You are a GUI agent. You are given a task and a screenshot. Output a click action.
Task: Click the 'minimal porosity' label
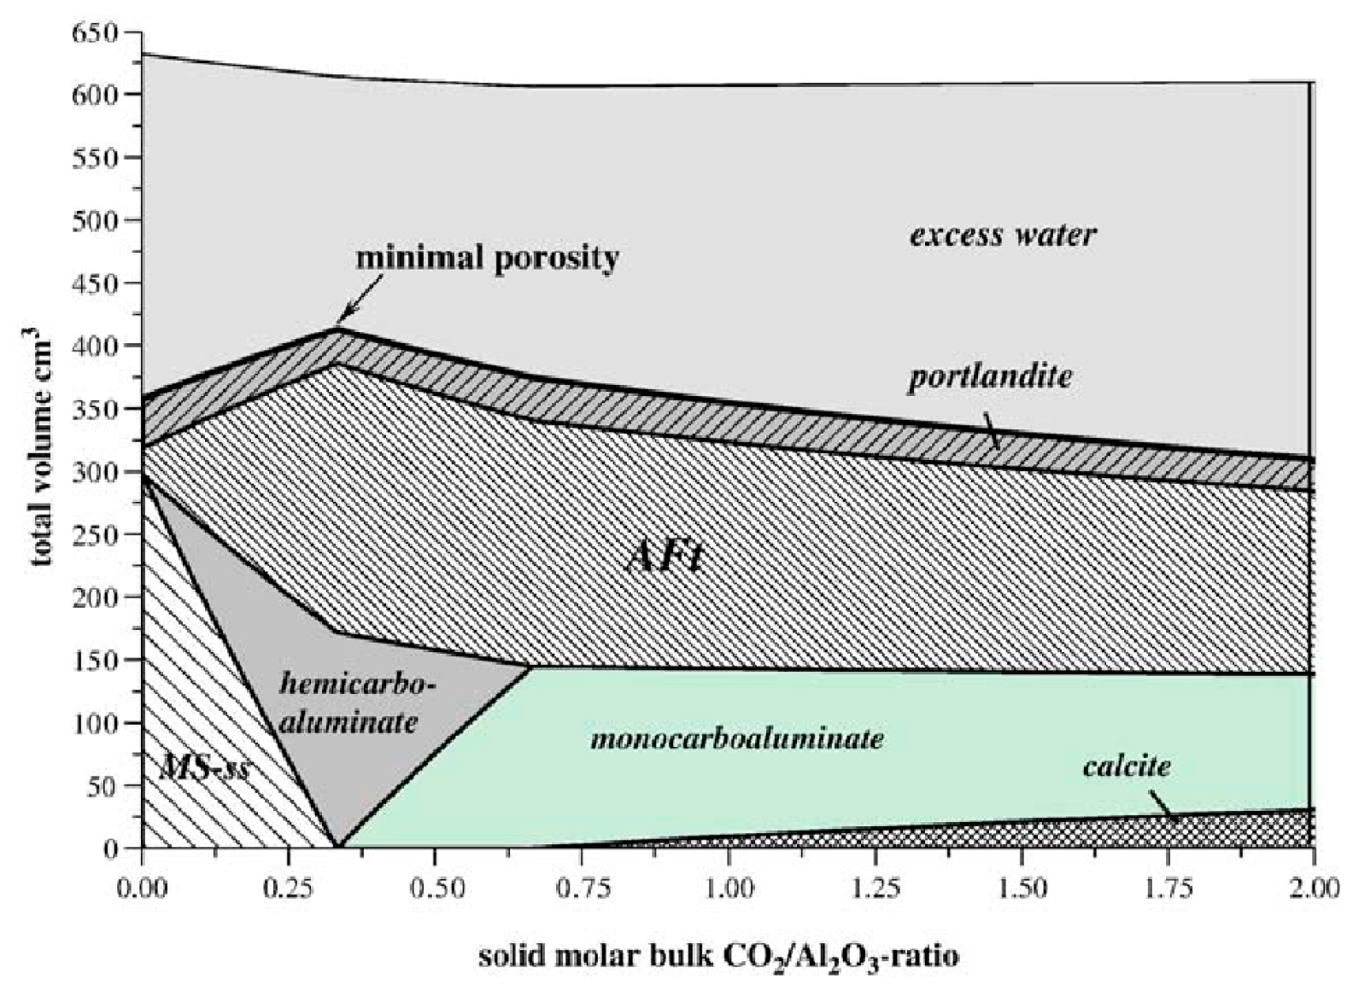click(x=487, y=258)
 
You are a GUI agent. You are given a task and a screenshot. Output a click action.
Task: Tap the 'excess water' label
click(x=1002, y=235)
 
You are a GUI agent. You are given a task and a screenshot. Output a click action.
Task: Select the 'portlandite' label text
click(x=989, y=376)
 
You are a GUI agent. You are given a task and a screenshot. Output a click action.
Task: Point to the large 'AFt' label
click(x=665, y=558)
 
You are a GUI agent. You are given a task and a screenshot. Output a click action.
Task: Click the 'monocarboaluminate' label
click(x=737, y=738)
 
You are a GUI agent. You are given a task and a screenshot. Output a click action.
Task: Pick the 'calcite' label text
click(x=1127, y=766)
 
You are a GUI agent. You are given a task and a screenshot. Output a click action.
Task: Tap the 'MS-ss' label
click(x=204, y=768)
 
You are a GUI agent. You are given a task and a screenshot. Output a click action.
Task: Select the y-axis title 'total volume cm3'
click(x=43, y=452)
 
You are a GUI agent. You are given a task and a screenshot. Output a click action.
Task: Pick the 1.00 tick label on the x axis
click(x=729, y=889)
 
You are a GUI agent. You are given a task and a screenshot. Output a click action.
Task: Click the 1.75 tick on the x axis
click(x=1168, y=889)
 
